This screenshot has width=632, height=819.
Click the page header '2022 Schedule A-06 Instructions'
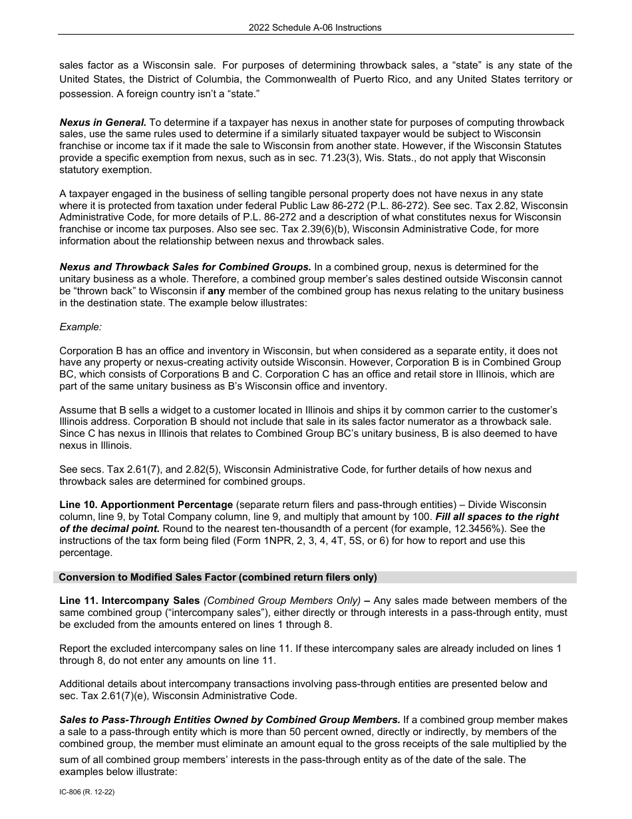pyautogui.click(x=315, y=27)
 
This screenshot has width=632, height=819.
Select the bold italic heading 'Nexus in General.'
pyautogui.click(x=103, y=123)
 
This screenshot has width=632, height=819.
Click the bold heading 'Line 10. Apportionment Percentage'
pyautogui.click(x=146, y=505)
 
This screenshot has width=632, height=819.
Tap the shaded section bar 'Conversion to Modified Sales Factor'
pyautogui.click(x=218, y=577)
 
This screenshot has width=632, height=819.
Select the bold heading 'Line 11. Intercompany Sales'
pyautogui.click(x=130, y=601)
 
